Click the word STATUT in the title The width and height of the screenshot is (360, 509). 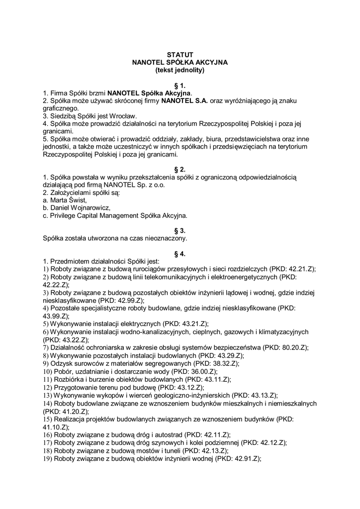(x=180, y=54)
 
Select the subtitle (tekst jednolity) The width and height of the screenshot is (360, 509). (x=180, y=70)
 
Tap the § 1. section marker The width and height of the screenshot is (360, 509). (x=180, y=85)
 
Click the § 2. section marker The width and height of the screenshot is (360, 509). (x=180, y=169)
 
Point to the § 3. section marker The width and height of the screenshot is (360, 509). (x=180, y=230)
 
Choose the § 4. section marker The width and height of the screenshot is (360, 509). (x=180, y=254)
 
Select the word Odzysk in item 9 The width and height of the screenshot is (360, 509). (x=62, y=363)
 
